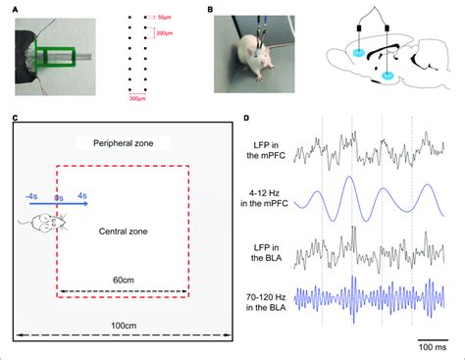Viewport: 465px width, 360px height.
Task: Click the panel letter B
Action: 212,8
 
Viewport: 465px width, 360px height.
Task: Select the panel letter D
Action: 250,120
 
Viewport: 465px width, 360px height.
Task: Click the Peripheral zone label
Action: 125,142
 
